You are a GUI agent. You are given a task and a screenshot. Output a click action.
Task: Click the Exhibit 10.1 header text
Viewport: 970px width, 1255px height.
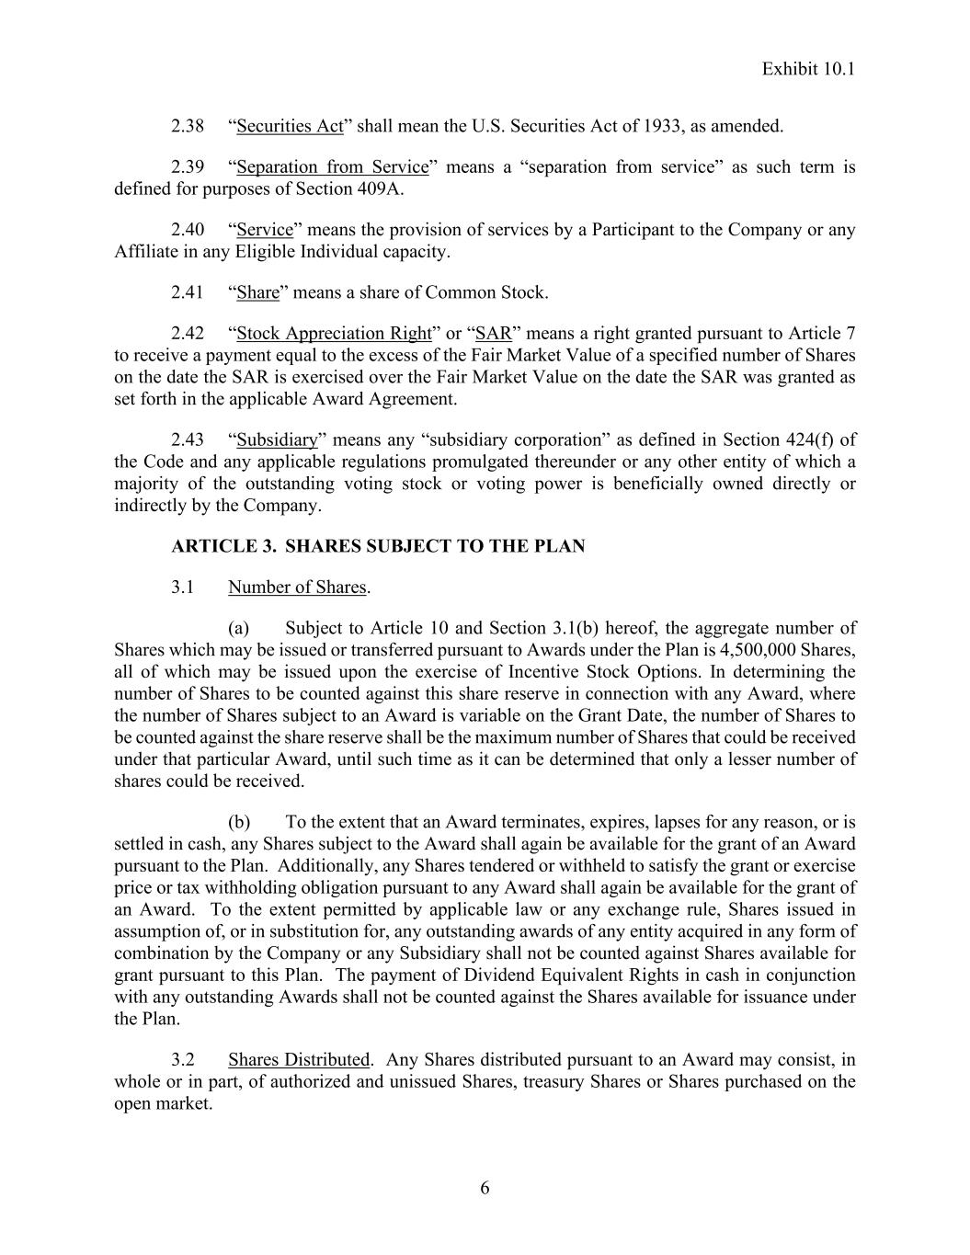pos(808,69)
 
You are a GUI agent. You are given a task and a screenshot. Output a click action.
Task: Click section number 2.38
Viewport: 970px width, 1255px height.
pos(188,126)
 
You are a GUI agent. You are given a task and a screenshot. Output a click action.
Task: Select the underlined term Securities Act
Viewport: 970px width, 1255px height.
pos(290,126)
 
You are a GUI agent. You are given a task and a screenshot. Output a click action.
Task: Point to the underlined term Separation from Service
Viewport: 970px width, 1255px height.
pos(333,167)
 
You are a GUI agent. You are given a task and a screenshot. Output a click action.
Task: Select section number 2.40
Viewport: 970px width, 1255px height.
pos(188,230)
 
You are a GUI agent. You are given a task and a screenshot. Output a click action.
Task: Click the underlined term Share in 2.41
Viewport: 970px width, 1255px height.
pos(258,293)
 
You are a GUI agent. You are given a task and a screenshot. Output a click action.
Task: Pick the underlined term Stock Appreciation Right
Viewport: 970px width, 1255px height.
pos(334,334)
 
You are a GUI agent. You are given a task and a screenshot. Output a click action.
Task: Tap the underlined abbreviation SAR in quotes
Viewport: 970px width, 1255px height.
pos(494,334)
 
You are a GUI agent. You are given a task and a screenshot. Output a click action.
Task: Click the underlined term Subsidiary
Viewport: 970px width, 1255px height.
pos(277,440)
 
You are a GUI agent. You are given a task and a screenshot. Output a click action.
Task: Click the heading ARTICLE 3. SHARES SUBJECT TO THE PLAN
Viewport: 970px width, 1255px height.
pos(378,546)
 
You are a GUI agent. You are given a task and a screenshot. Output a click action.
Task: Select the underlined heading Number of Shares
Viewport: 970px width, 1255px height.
pos(297,588)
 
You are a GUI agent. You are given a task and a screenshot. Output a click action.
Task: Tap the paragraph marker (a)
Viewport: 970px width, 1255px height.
pos(239,629)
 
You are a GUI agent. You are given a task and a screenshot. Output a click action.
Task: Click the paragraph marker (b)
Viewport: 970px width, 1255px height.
pos(239,822)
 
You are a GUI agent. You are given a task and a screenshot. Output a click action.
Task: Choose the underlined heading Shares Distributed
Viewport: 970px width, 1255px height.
pos(299,1060)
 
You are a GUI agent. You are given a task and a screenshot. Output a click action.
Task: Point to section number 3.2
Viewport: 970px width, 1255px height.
pos(183,1060)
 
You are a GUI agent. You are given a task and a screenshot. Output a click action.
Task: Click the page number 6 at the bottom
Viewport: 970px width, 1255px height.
pos(485,1189)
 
